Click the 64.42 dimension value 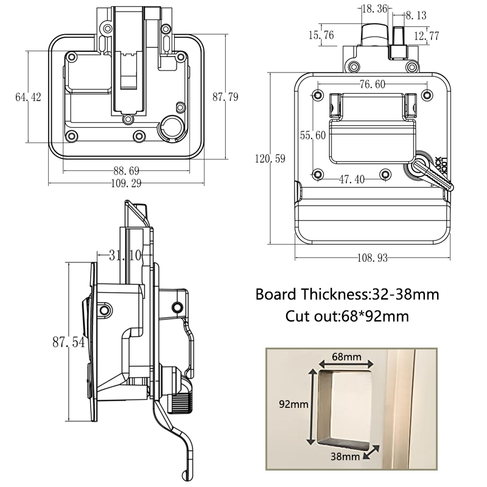(28, 97)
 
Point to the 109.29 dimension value (127, 183)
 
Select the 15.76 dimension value (321, 35)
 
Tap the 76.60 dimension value (371, 85)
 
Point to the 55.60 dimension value (313, 135)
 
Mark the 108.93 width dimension (373, 258)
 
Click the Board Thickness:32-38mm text (347, 295)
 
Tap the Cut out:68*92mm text (347, 317)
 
